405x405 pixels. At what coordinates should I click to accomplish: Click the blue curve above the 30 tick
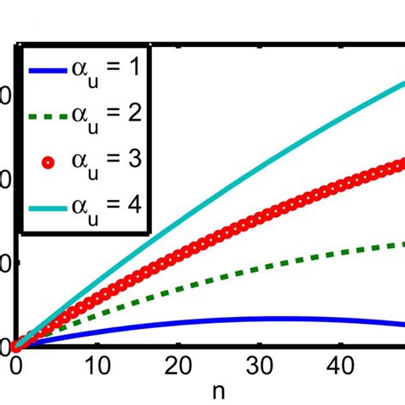tap(261, 319)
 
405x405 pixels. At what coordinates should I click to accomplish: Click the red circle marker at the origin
tap(16, 346)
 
